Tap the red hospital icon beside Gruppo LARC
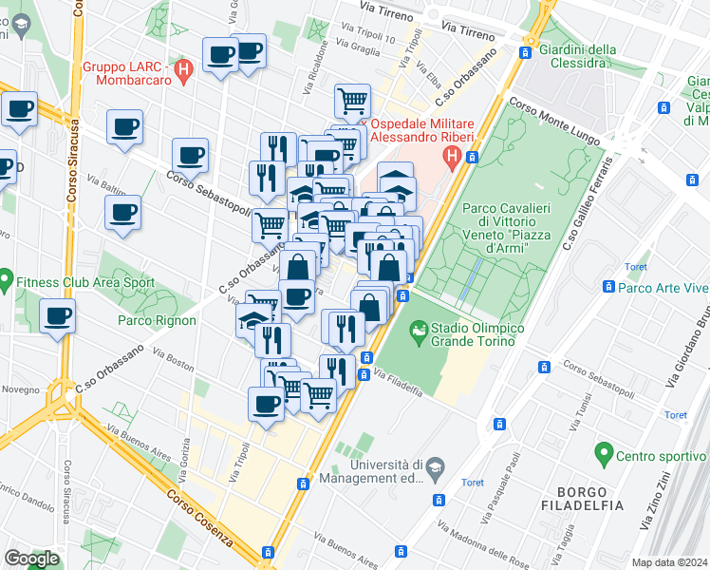[x=185, y=67]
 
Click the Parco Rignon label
[x=157, y=320]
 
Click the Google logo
[x=30, y=559]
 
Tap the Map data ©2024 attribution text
[x=670, y=562]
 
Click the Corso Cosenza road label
[x=200, y=518]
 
